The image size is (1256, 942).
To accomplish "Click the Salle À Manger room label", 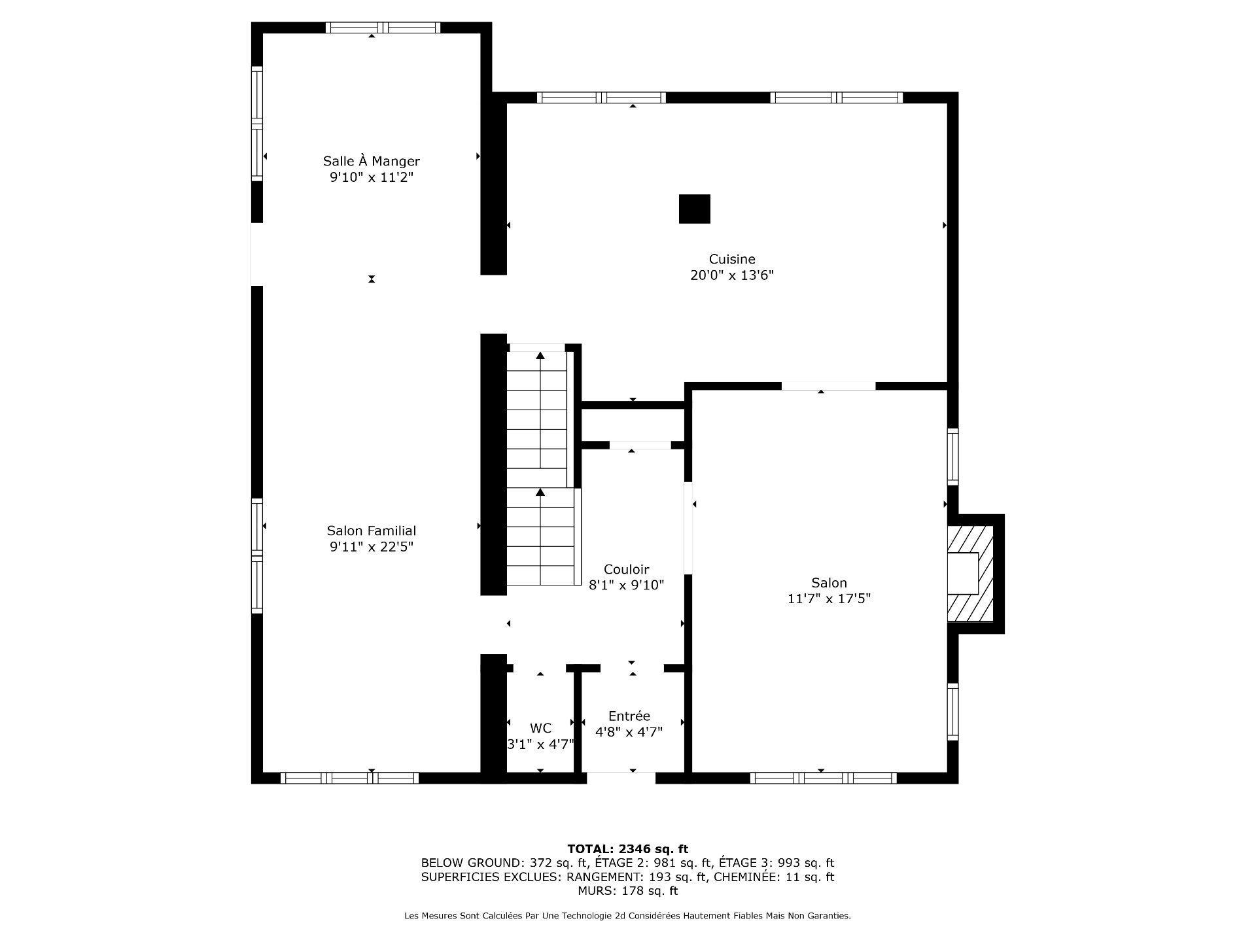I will [x=371, y=161].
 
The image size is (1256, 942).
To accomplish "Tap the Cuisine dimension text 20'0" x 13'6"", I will [x=732, y=275].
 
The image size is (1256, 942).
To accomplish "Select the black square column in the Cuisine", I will [x=694, y=209].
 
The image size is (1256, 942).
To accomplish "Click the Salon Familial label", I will [x=371, y=531].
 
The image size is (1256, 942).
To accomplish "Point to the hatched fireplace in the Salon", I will [x=970, y=573].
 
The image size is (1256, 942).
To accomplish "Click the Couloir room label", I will [x=626, y=569].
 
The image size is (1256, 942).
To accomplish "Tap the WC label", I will [x=540, y=728].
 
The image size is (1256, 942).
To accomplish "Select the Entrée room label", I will [x=629, y=716].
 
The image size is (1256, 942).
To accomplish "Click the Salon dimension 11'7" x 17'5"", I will [x=829, y=599].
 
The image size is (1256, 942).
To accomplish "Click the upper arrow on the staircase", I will [x=540, y=356].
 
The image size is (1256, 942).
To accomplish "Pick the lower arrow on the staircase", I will [x=540, y=492].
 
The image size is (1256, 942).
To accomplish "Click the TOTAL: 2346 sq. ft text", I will [x=627, y=849].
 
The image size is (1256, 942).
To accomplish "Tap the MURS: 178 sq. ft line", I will [x=627, y=891].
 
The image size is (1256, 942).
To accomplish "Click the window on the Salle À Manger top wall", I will [x=383, y=27].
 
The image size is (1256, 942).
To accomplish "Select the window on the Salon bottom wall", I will [x=823, y=778].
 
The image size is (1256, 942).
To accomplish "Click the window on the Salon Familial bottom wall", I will [x=349, y=778].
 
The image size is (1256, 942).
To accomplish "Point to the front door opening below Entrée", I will [x=621, y=778].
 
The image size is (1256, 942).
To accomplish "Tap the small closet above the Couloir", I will [x=632, y=425].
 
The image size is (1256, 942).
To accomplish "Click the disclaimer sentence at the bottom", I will [x=627, y=916].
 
